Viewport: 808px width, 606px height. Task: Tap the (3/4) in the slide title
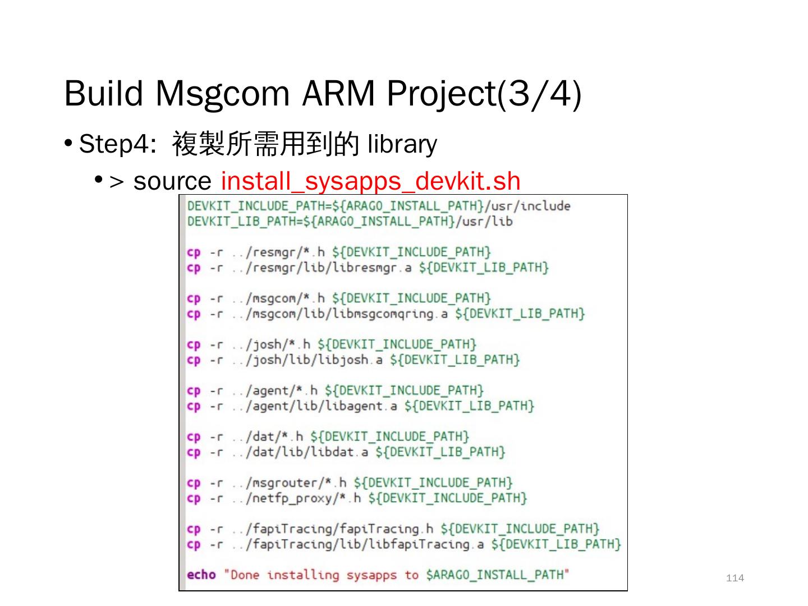(539, 93)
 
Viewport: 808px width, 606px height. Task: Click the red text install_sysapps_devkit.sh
(370, 181)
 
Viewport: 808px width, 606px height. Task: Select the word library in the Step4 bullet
(402, 144)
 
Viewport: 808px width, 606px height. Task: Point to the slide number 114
(734, 578)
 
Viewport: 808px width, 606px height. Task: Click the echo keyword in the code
(201, 575)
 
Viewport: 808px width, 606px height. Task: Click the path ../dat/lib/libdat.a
(300, 452)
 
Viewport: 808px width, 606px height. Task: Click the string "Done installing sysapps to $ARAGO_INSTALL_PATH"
(397, 575)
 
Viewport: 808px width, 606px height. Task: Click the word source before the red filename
(172, 181)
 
